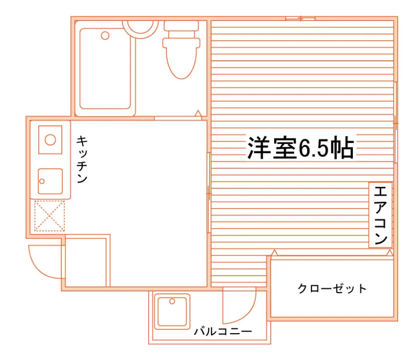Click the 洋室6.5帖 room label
click(301, 148)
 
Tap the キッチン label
click(82, 159)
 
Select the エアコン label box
click(380, 215)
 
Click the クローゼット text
click(332, 288)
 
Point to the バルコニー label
click(223, 332)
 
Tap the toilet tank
click(181, 26)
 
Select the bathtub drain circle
click(105, 35)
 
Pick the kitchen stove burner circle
click(50, 140)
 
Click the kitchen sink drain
click(42, 181)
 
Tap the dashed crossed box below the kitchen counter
click(50, 216)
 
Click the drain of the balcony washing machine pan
click(172, 301)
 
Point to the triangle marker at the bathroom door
click(198, 114)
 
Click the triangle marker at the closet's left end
click(274, 252)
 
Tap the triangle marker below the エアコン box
click(390, 252)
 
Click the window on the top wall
click(301, 18)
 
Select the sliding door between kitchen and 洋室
click(209, 193)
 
